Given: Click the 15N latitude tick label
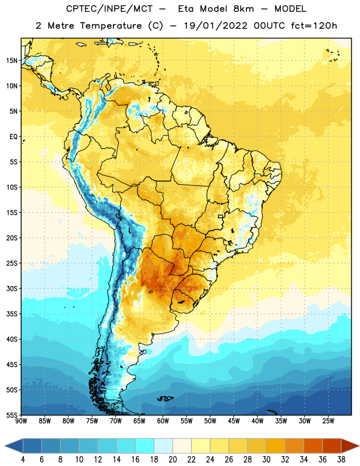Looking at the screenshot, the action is point(12,61).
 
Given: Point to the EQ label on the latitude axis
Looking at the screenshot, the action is point(13,137).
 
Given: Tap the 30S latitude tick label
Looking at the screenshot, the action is point(12,288).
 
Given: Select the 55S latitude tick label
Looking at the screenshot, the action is point(12,415).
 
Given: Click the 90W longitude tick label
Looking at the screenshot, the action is point(21,421).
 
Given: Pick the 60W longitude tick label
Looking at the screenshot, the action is point(163,421).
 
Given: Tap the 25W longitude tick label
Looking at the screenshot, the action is point(328,421).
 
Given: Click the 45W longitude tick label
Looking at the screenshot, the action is point(234,421).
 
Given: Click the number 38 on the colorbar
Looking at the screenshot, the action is point(341,460).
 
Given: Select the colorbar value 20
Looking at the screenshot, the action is point(172,460).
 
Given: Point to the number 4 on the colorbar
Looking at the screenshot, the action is point(23,460).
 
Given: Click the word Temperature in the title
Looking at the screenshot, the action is point(111,26).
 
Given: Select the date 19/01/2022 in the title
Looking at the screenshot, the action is point(216,26).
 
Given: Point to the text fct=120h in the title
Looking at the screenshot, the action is point(314,26).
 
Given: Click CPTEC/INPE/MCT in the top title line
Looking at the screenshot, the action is point(109,9).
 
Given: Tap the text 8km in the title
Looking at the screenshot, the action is point(243,9).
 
